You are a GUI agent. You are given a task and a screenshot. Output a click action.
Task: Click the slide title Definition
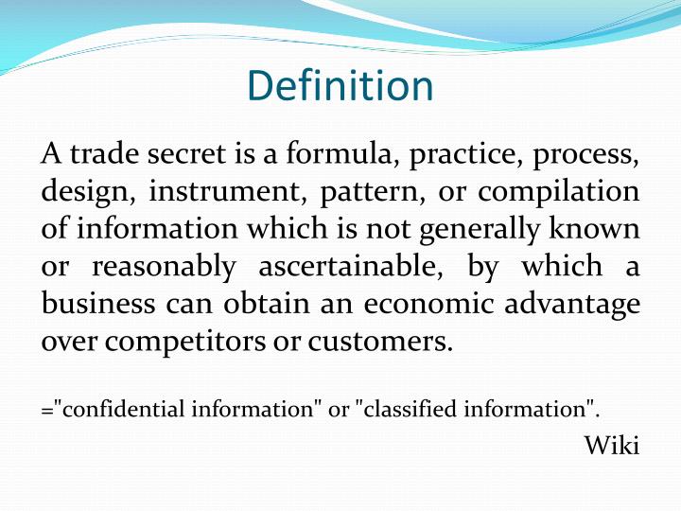tap(340, 86)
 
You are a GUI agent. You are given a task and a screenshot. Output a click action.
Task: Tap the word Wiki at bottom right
tap(612, 445)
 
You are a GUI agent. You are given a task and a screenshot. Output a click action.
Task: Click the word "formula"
tap(327, 154)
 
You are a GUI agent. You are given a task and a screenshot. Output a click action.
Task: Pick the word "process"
tap(586, 154)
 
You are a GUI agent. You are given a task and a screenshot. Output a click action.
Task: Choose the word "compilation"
tap(558, 192)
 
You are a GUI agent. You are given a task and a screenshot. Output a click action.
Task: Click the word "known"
tap(599, 229)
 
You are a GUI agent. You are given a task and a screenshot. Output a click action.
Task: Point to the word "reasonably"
tap(163, 266)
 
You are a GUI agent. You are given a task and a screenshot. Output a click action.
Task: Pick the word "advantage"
tap(573, 304)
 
